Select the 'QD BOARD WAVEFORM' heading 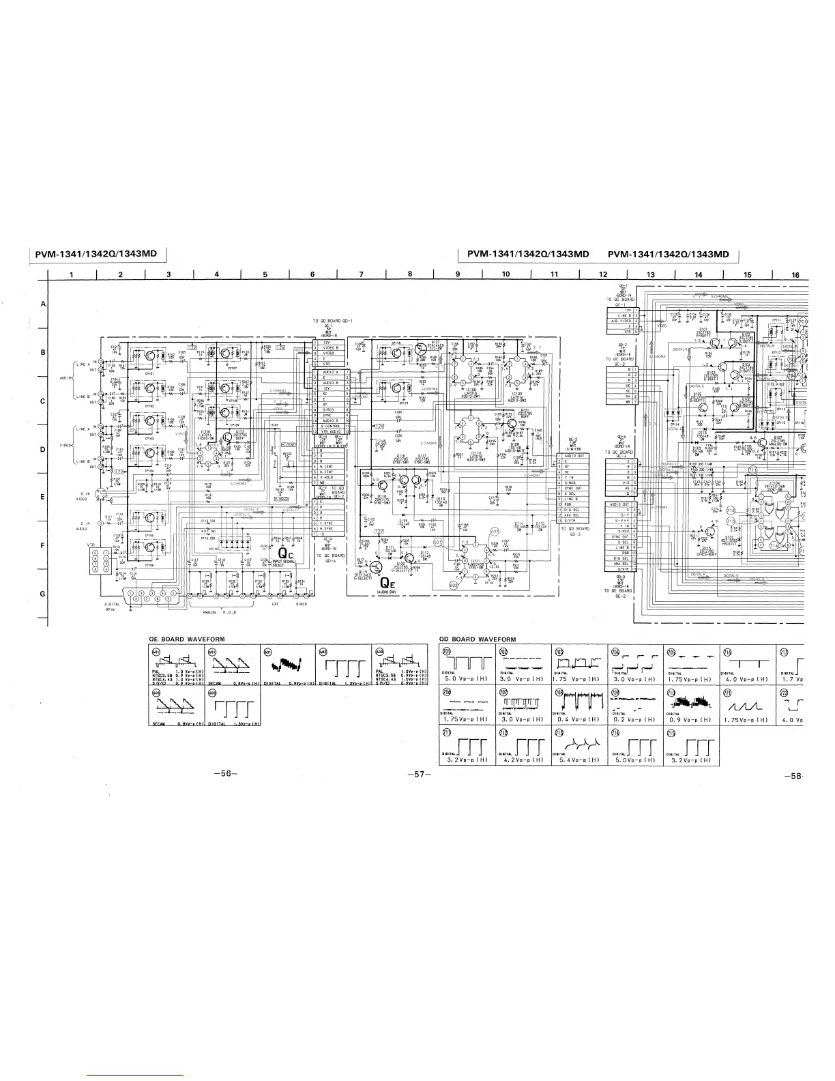(478, 639)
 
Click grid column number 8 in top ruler (409, 275)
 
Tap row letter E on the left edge (42, 497)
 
